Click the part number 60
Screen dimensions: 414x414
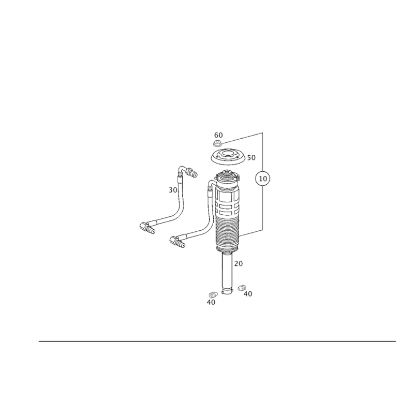click(218, 135)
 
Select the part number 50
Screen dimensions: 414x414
click(252, 157)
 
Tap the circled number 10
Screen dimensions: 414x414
click(264, 179)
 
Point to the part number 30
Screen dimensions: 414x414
click(173, 190)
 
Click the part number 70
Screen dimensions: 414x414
click(238, 263)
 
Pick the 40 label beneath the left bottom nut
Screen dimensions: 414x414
click(211, 301)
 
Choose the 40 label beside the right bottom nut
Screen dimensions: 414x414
click(247, 293)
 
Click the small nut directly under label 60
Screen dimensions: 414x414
click(218, 143)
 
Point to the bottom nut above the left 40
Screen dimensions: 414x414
click(212, 294)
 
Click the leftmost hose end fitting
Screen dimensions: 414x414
click(147, 227)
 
